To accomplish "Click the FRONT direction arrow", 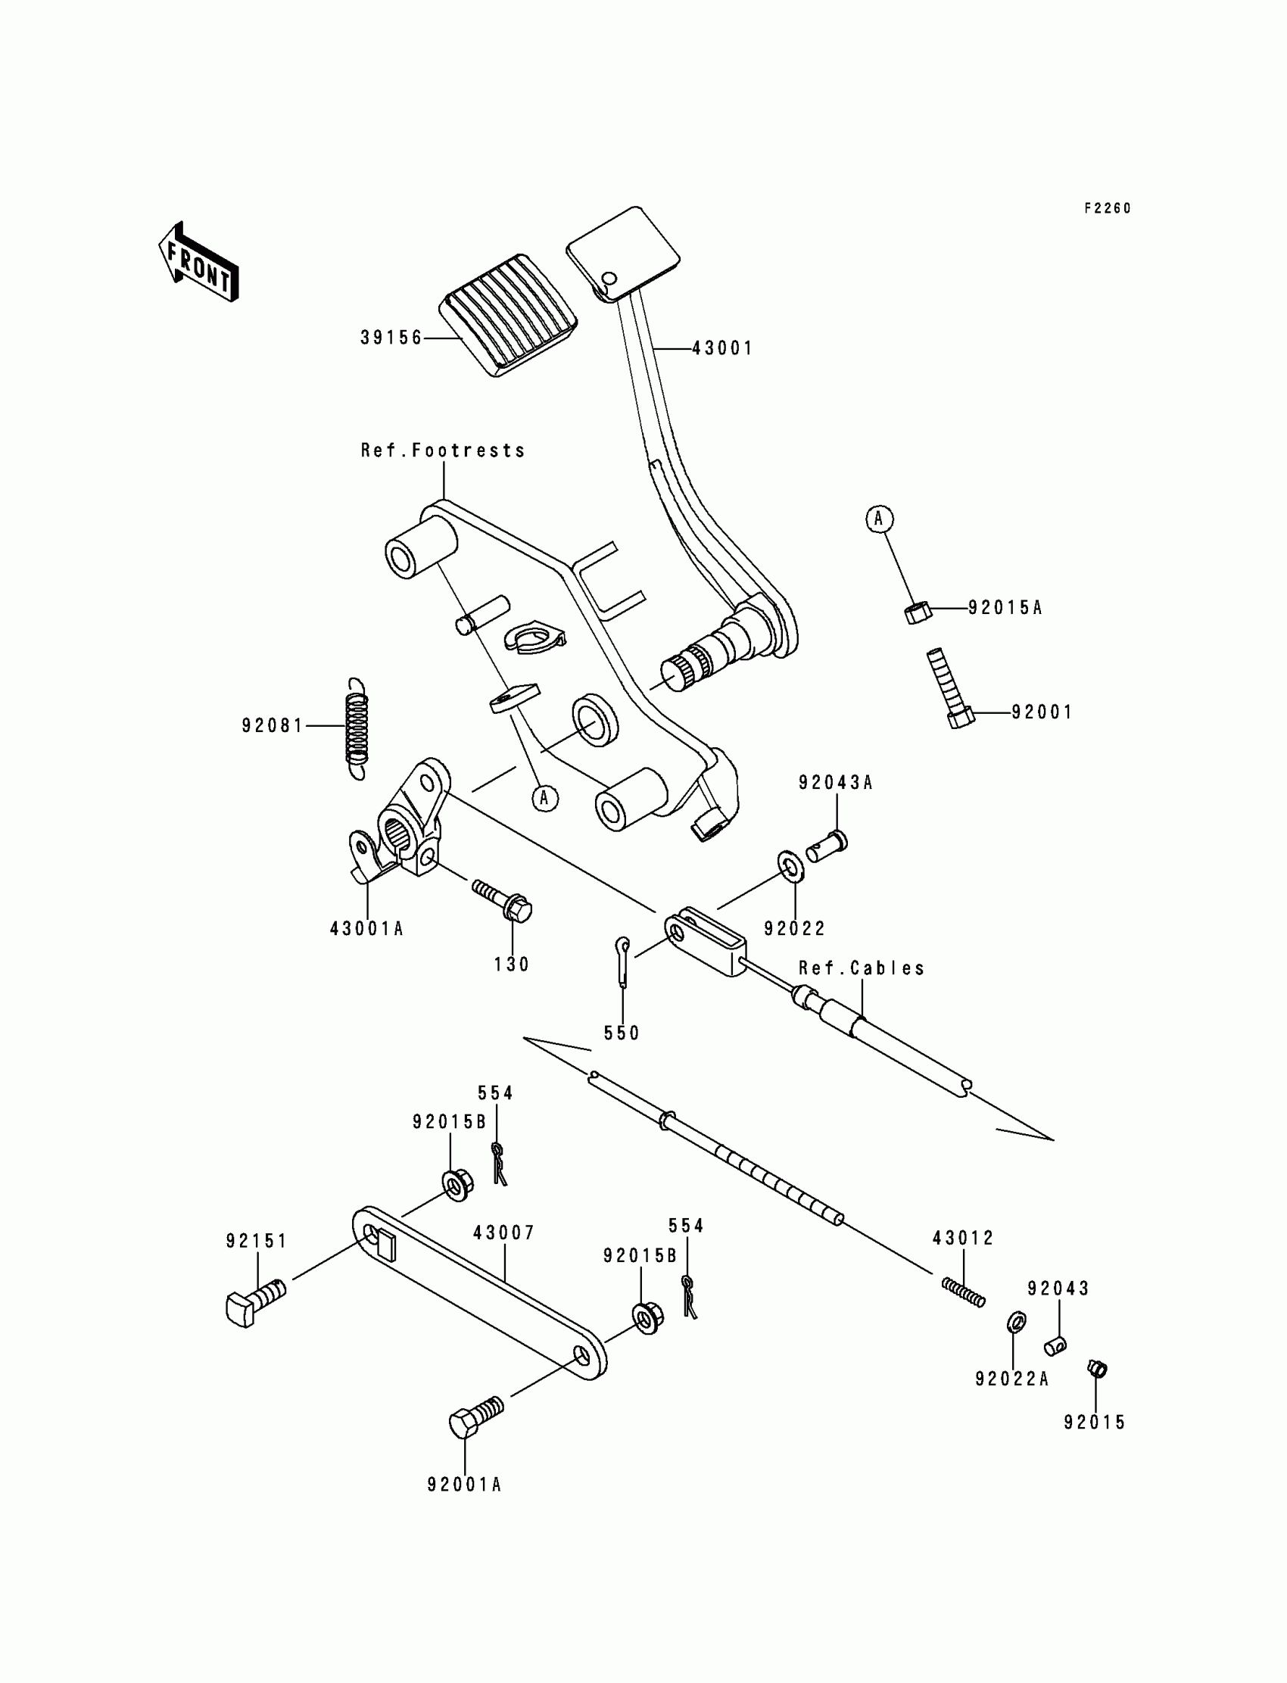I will tap(198, 262).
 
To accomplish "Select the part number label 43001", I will tap(721, 348).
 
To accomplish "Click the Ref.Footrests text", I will tap(443, 450).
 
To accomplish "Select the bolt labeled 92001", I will tap(949, 689).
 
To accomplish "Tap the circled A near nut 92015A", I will tap(879, 519).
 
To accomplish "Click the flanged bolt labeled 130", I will tap(505, 900).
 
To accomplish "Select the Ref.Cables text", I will tap(861, 968).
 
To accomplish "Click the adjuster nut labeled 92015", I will tap(1097, 1368).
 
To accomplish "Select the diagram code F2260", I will tap(1107, 208).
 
